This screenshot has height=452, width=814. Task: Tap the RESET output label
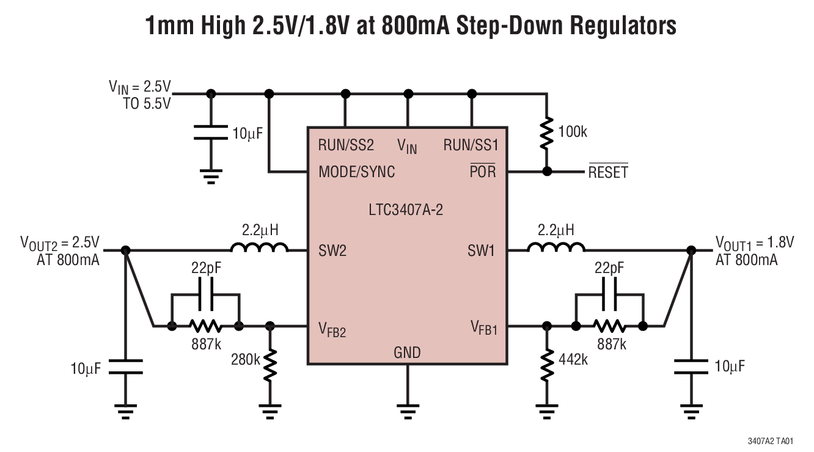click(607, 172)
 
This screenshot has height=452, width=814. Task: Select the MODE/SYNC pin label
click(356, 172)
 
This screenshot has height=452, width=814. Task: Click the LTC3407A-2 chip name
click(406, 211)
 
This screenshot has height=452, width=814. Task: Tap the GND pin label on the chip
click(407, 352)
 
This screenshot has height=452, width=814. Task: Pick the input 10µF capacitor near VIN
click(211, 133)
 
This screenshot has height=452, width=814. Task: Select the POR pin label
click(482, 172)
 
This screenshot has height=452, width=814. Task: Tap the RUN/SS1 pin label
click(470, 145)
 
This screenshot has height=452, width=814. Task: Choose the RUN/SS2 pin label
click(345, 145)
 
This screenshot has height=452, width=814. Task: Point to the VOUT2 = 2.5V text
click(61, 243)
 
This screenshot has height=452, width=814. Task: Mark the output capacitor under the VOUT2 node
click(126, 367)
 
